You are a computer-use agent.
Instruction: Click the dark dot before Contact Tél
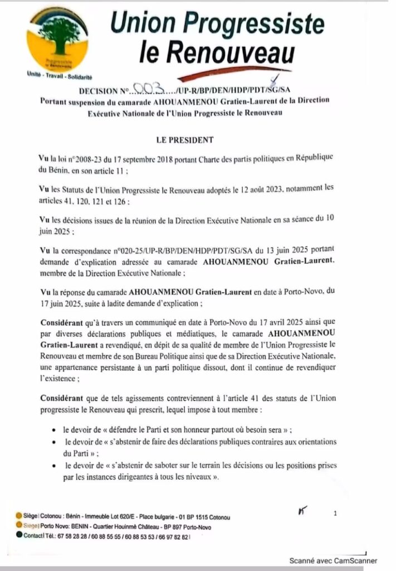(19, 536)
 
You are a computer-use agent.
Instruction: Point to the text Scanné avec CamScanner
(333, 560)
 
